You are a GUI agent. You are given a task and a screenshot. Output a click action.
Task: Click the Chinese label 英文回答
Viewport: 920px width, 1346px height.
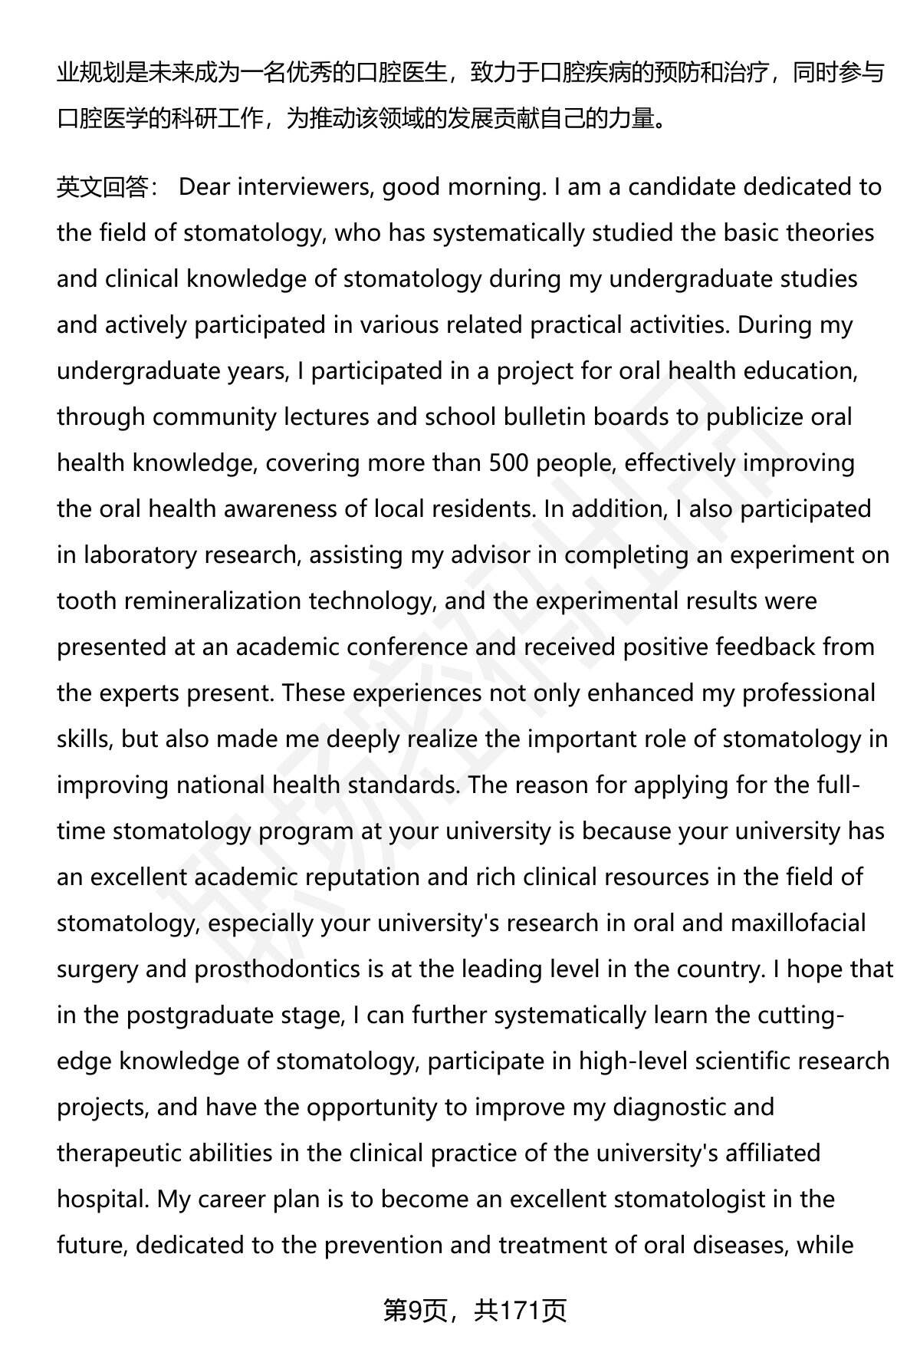103,187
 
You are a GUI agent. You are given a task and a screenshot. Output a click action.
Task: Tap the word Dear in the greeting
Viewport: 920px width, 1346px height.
203,187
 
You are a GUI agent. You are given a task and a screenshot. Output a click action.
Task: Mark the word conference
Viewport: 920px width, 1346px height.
404,647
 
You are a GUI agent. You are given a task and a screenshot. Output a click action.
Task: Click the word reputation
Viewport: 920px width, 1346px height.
363,877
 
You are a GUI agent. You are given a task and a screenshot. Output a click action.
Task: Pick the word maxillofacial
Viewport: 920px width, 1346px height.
797,923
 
